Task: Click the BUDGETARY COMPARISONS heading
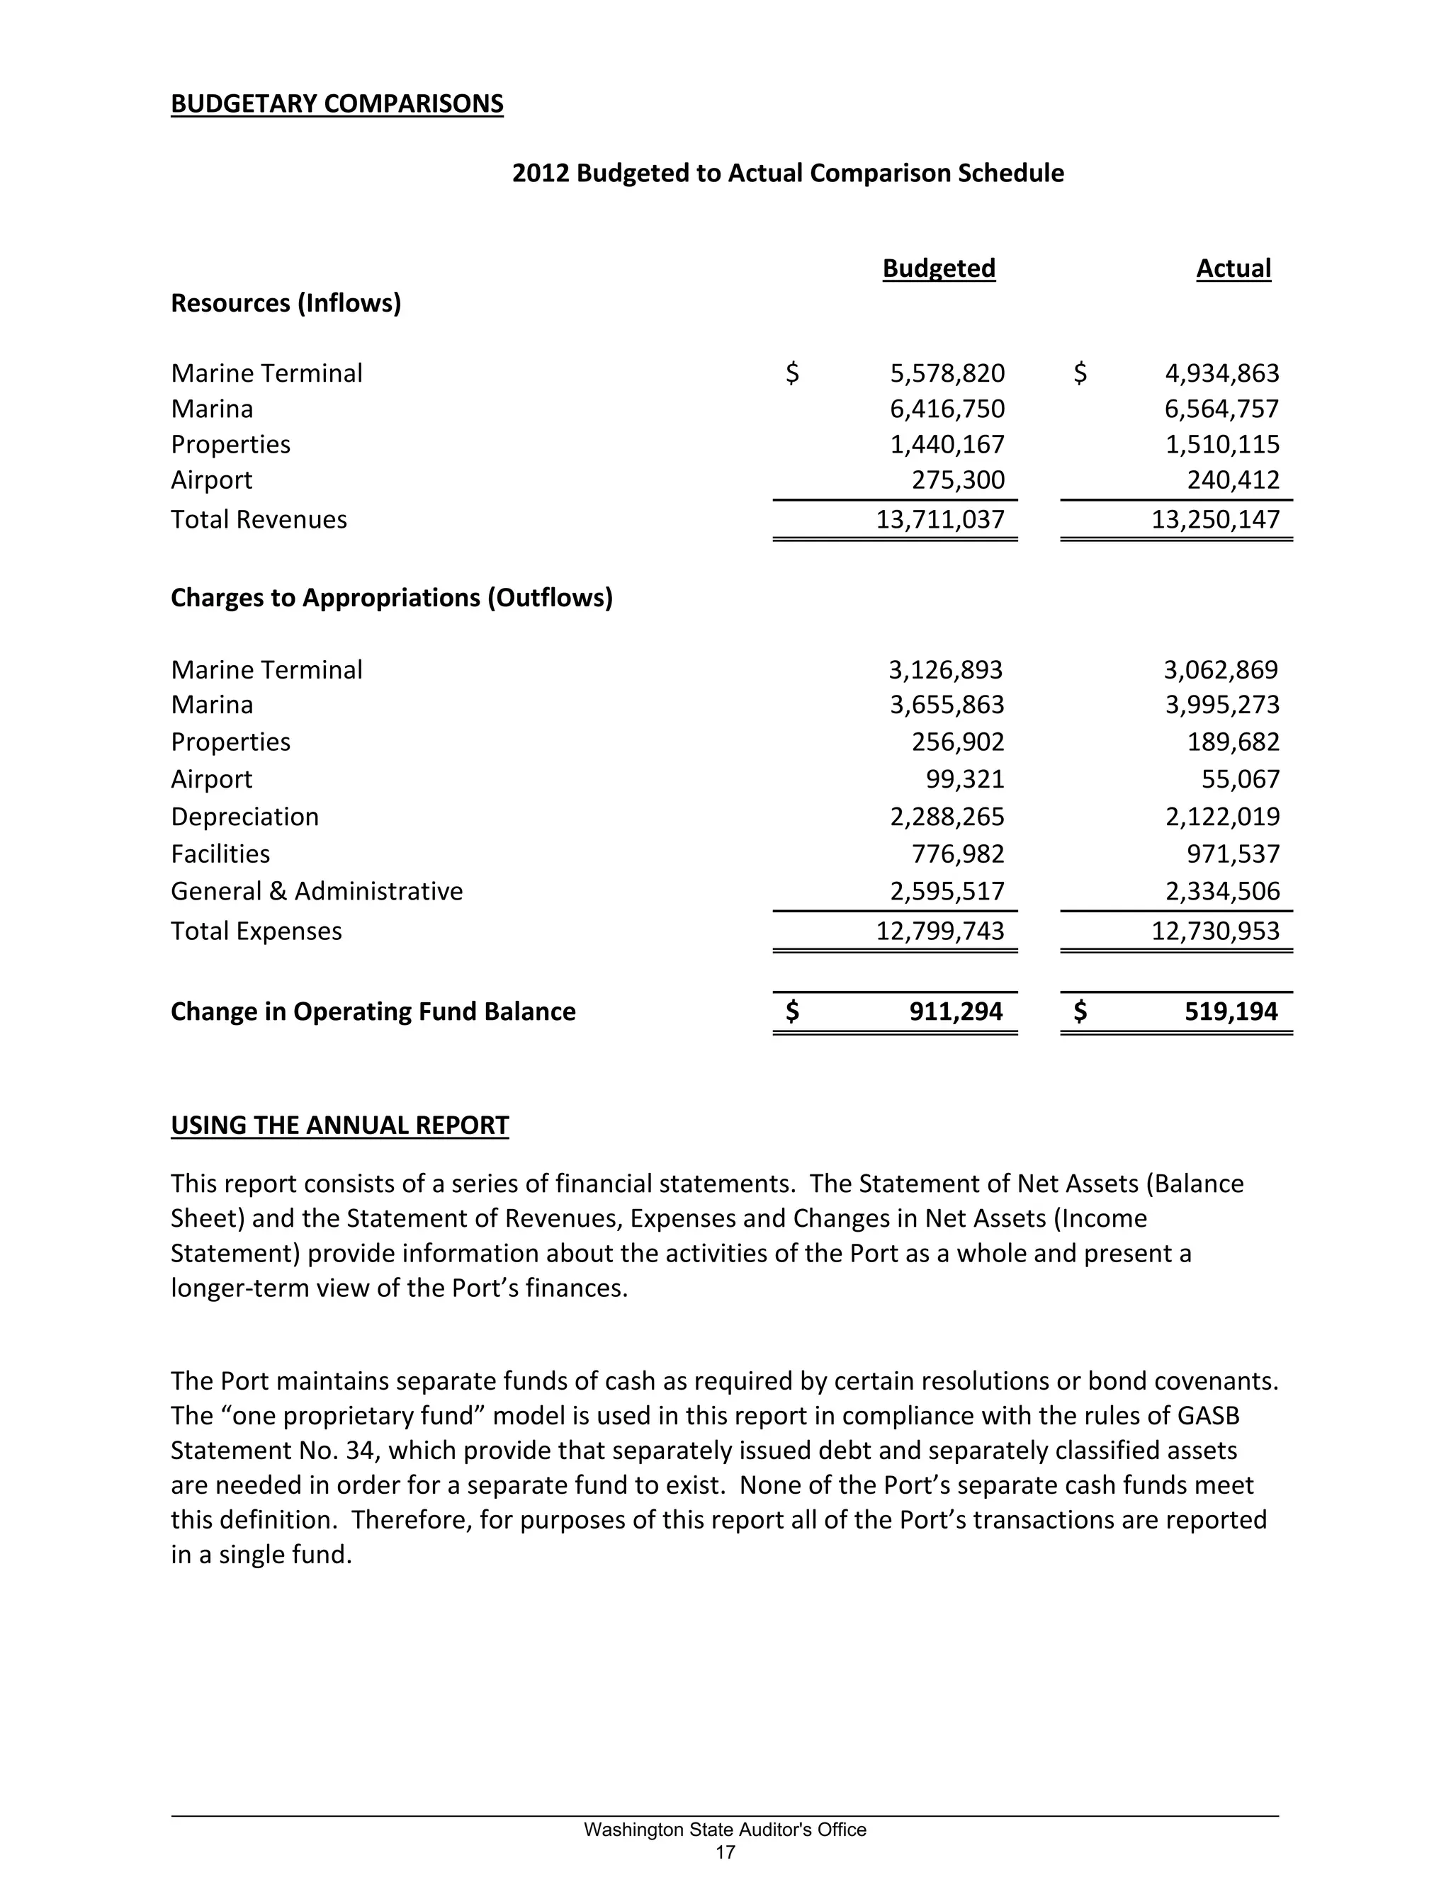(x=337, y=104)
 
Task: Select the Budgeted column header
(x=939, y=268)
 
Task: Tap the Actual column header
(x=1233, y=268)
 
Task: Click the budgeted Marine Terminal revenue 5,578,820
(x=947, y=373)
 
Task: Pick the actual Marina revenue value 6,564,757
(x=1221, y=409)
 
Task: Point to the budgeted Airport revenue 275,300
(x=958, y=480)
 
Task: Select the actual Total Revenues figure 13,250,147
(x=1216, y=519)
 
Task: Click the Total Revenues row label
(x=259, y=519)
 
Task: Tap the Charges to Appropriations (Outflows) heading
(x=391, y=597)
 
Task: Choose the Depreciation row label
(x=244, y=817)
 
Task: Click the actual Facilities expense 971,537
(x=1233, y=854)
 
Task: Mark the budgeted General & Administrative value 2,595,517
(x=947, y=891)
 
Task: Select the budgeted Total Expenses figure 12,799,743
(x=939, y=931)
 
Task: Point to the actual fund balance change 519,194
(x=1231, y=1011)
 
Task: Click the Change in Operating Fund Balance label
(x=373, y=1011)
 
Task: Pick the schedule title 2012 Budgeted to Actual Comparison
(x=787, y=173)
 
